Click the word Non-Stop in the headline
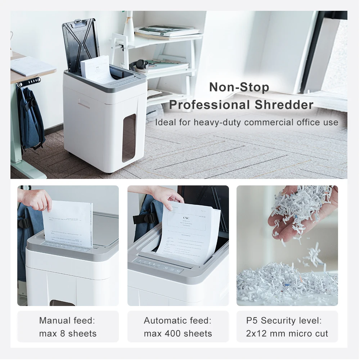(x=239, y=87)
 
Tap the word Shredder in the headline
(x=284, y=105)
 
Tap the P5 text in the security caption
(x=252, y=320)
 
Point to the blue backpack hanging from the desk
(x=31, y=119)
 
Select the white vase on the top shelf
(x=129, y=27)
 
